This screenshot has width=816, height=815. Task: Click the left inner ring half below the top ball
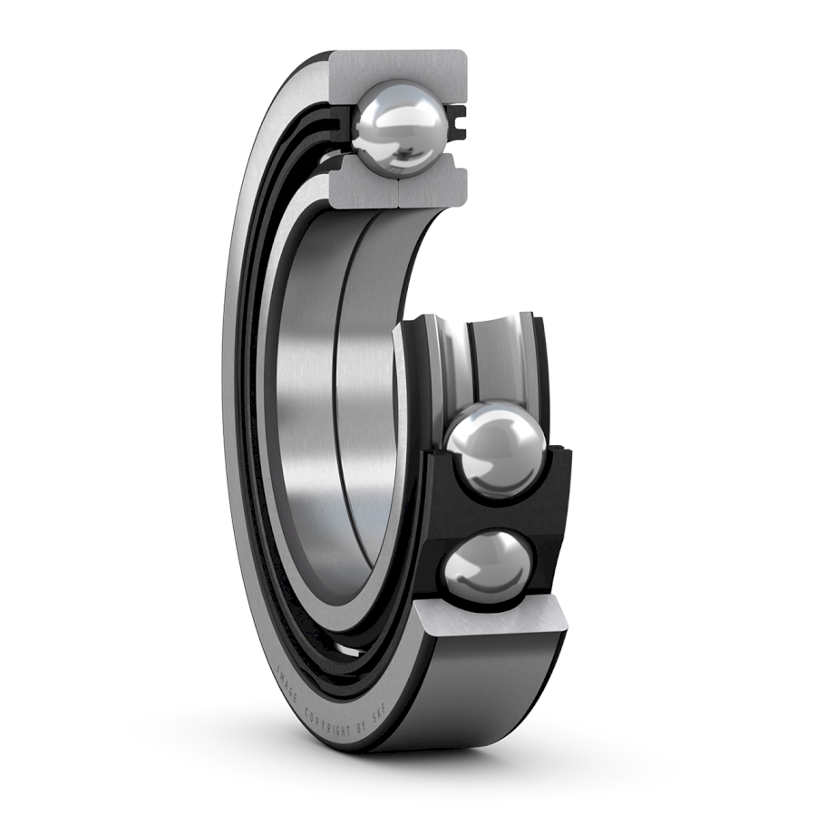(x=363, y=186)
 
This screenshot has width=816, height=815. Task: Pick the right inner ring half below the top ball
(x=435, y=186)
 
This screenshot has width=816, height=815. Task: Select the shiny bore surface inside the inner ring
(x=317, y=408)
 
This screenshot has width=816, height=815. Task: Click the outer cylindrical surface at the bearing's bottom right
(x=490, y=689)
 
